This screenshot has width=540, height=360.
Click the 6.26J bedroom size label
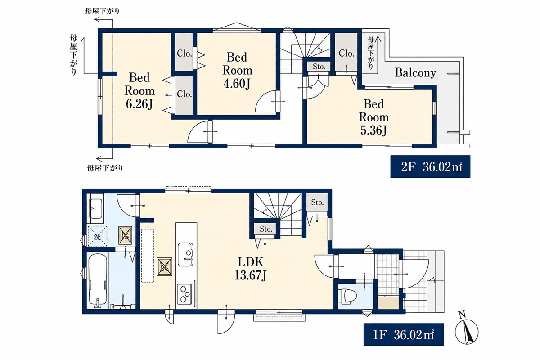click(139, 91)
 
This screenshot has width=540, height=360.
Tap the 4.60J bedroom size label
click(237, 71)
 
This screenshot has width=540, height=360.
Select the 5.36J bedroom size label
click(373, 117)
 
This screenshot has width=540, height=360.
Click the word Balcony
click(415, 73)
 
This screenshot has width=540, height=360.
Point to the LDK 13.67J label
click(251, 269)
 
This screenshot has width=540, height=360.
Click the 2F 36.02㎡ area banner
click(430, 166)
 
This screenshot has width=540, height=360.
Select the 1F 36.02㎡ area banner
click(404, 335)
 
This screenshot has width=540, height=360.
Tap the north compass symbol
click(467, 331)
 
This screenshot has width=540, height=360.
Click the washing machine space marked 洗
click(97, 236)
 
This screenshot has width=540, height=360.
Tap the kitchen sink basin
click(185, 254)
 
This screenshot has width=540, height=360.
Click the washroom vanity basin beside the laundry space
click(96, 209)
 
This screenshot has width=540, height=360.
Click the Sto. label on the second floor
click(319, 67)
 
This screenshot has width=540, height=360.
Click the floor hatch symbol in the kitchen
click(165, 266)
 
